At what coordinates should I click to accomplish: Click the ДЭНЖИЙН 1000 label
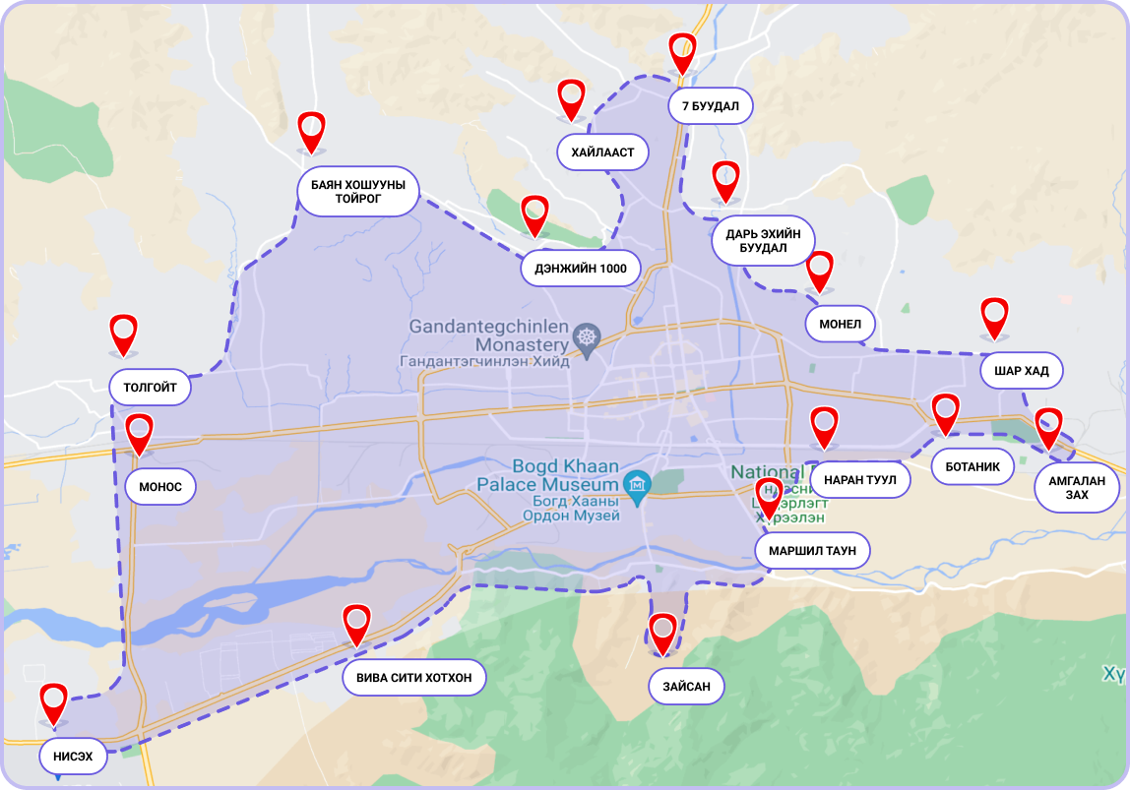581,269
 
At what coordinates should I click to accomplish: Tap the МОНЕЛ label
840,324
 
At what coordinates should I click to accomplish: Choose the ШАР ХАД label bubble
1022,371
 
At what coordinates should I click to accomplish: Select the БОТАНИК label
973,466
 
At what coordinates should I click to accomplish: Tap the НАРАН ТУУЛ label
859,480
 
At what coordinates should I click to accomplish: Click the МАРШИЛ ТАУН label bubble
812,551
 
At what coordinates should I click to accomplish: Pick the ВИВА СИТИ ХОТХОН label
414,678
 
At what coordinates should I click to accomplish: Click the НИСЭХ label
73,757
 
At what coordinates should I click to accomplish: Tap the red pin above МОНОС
140,432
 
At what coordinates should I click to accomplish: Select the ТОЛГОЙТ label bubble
150,388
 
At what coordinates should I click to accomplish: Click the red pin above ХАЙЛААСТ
572,97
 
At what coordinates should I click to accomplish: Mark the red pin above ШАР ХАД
995,316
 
